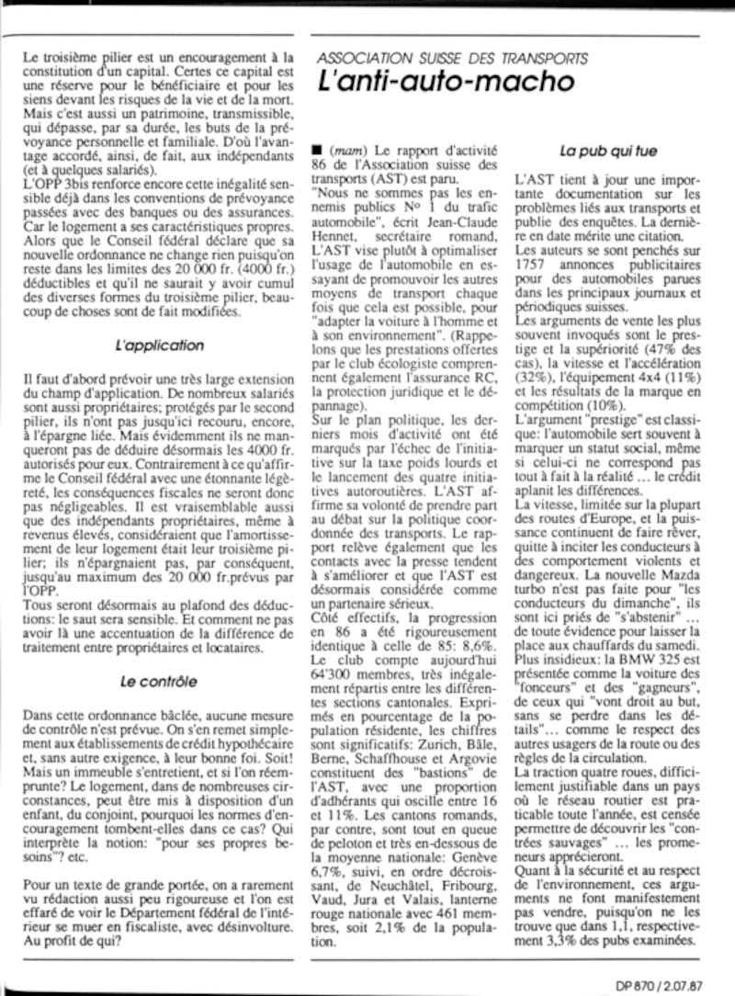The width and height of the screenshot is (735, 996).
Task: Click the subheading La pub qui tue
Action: [x=610, y=147]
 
